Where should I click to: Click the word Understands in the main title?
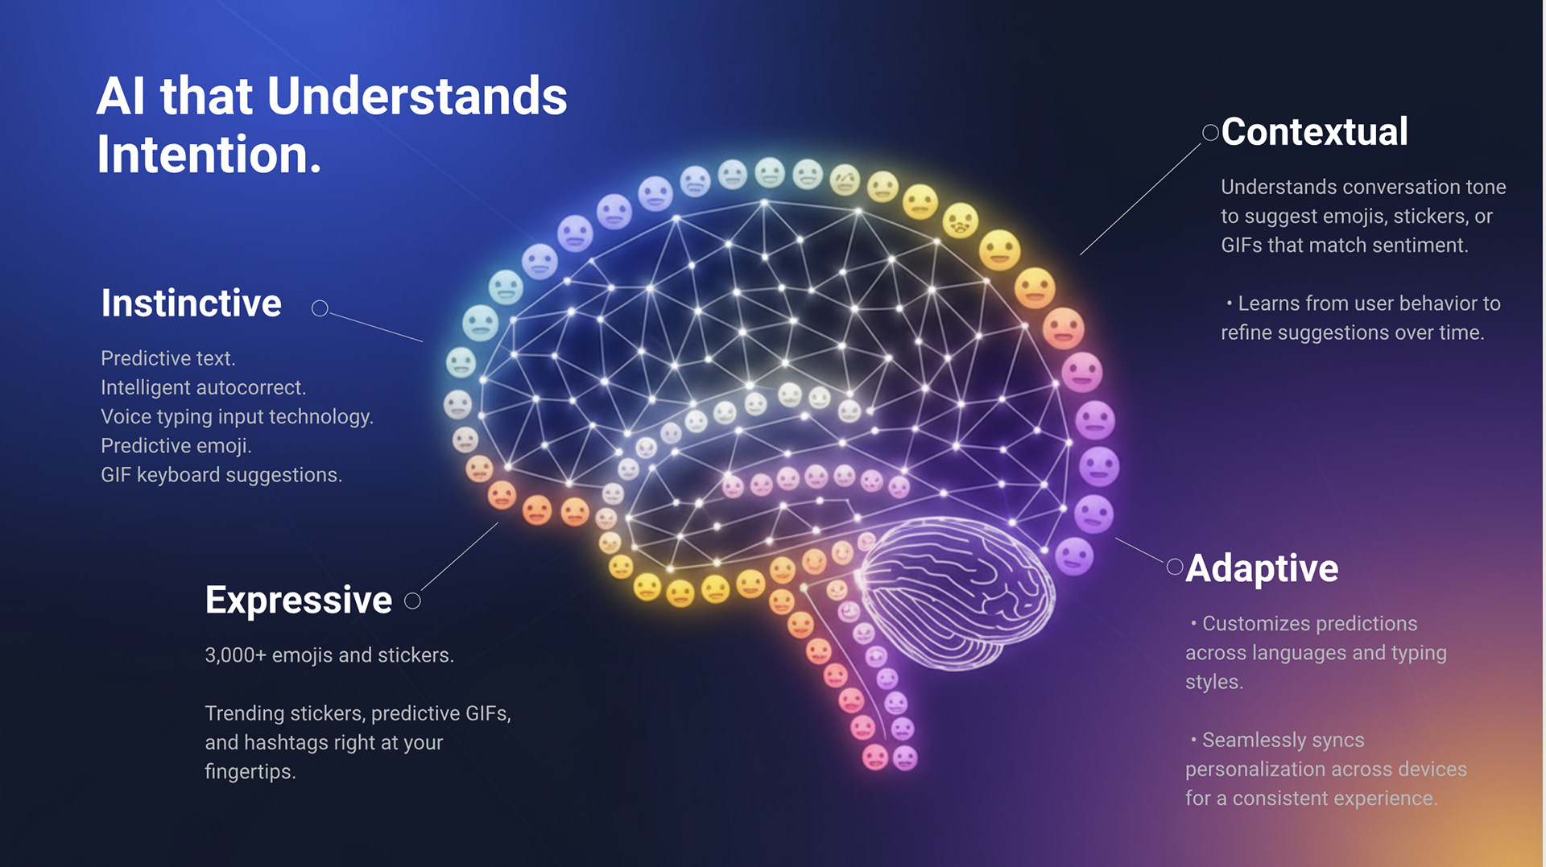pos(416,97)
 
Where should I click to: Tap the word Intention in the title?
pos(208,155)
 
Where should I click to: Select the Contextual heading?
pos(1314,132)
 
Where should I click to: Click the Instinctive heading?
pos(192,303)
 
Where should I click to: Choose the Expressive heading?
pos(299,601)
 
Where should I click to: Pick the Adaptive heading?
pos(1262,568)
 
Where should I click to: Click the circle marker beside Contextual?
pos(1210,133)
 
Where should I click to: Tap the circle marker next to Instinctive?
pos(320,308)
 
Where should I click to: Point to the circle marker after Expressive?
pos(412,601)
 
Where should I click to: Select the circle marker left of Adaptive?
pos(1175,568)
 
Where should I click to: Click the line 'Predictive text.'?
pos(168,358)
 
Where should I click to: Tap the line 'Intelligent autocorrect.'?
pos(204,387)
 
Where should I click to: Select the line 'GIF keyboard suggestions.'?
pos(221,475)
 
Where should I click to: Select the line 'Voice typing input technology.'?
pos(237,417)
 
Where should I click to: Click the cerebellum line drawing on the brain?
pos(958,592)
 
